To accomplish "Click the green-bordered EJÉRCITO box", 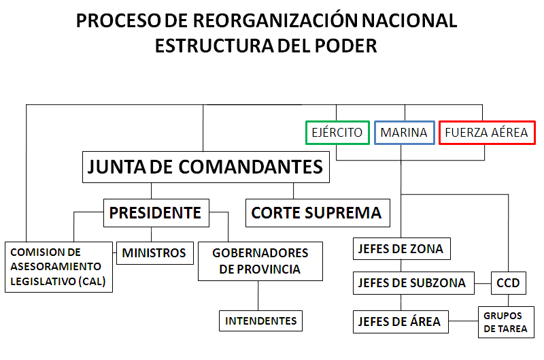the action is [337, 133].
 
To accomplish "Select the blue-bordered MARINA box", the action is [404, 133].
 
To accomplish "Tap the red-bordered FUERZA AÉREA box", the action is [486, 133].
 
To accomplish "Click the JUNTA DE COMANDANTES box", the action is [205, 167].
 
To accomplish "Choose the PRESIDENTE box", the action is [156, 213].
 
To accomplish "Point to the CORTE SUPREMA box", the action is [317, 213].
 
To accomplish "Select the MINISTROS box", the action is [154, 253].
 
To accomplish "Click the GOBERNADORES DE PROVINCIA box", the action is [260, 261].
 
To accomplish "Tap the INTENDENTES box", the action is [261, 321].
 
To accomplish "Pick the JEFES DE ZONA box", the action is [401, 249].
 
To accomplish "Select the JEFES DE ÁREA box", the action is [401, 321].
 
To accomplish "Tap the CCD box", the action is [508, 282].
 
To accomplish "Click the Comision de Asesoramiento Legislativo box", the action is [58, 267].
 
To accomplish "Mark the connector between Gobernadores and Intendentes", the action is [258, 296].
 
